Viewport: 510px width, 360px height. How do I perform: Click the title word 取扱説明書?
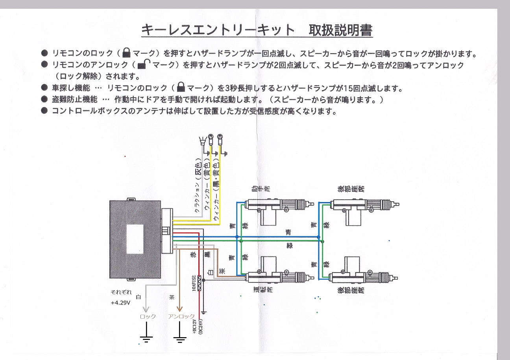[340, 30]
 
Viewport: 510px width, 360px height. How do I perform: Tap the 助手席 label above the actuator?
[261, 189]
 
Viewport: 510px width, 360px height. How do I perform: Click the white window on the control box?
[135, 239]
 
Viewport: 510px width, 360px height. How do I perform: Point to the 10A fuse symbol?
[200, 283]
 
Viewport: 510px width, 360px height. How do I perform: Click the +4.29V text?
[120, 302]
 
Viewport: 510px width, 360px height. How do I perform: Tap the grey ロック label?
[148, 316]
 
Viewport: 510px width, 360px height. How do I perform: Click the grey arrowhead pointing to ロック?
[146, 309]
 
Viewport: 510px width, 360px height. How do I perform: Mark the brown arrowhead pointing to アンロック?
[179, 309]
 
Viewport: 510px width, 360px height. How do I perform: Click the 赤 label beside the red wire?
[193, 254]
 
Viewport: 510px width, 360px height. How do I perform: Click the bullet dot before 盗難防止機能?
[44, 99]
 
